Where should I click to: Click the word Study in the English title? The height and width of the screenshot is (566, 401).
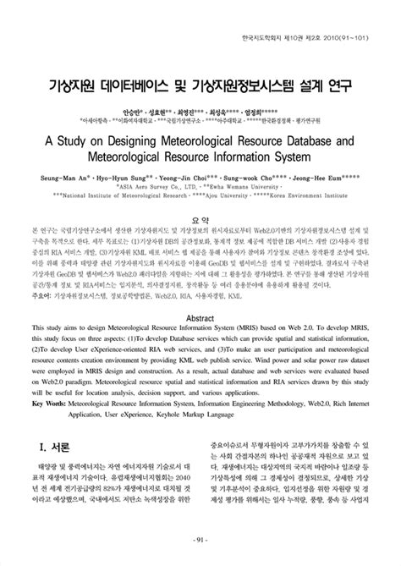[x=87, y=135]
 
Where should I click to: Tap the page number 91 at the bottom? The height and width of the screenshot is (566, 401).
[x=200, y=541]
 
